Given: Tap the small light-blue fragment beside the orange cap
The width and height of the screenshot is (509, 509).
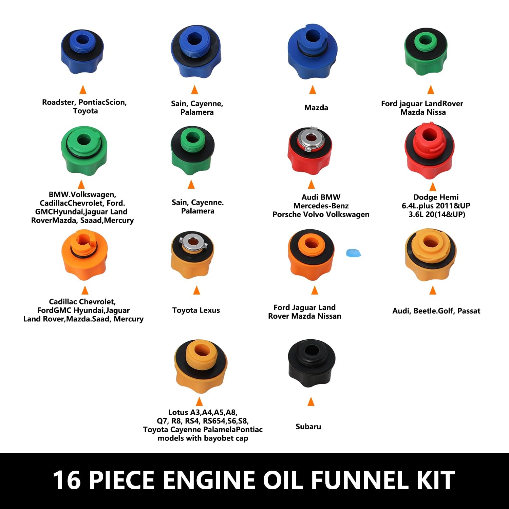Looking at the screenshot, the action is [353, 253].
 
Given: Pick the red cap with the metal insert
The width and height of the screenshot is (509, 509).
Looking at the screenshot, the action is [309, 150].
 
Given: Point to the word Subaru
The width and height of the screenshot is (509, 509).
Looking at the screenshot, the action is [308, 427].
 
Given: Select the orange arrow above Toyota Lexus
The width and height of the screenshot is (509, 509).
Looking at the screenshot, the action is [196, 290].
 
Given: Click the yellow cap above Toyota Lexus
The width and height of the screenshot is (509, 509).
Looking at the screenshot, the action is [192, 255].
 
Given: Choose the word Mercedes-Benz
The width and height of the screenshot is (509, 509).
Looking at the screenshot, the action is [321, 206].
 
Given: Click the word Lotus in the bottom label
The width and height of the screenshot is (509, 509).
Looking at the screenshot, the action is [178, 412].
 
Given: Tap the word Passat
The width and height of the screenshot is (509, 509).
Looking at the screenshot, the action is [469, 311].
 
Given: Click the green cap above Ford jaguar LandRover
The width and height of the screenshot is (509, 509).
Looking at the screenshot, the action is [426, 52].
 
